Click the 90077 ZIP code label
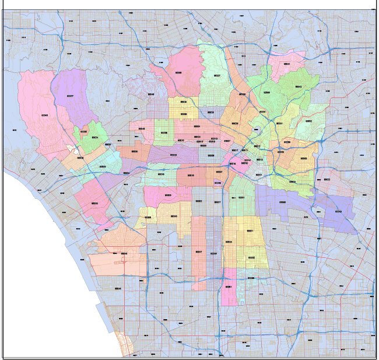(x=71, y=96)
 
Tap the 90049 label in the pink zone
(x=45, y=116)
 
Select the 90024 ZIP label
(x=95, y=138)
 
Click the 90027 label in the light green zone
(x=217, y=76)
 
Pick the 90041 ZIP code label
(x=287, y=64)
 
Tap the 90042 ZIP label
(x=298, y=86)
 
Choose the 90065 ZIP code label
(x=267, y=92)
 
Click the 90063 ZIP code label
(x=303, y=158)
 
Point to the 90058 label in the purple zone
(x=282, y=202)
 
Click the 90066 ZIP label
(x=94, y=203)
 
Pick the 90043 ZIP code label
(x=173, y=216)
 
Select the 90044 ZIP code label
(x=213, y=253)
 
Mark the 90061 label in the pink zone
(x=229, y=287)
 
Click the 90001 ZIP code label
(x=250, y=231)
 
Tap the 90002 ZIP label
(x=251, y=257)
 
